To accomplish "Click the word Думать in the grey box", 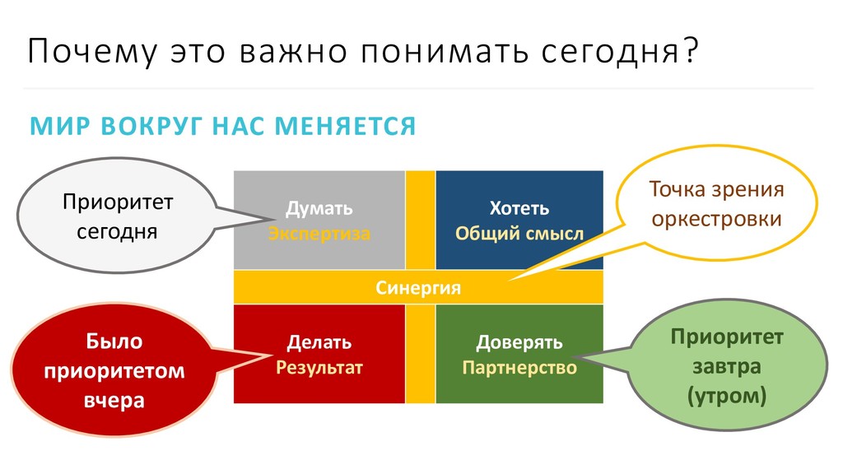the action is (319, 209).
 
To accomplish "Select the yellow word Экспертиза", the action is (319, 234).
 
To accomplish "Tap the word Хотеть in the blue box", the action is (519, 209).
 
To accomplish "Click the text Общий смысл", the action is (519, 234).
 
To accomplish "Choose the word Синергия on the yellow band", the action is (418, 288).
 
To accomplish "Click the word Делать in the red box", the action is (319, 342).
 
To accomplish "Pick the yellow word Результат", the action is (319, 367).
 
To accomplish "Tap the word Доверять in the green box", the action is (519, 342).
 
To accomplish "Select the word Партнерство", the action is (519, 367).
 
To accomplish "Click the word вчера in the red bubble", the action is (114, 401).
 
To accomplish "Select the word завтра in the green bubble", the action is (727, 366).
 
